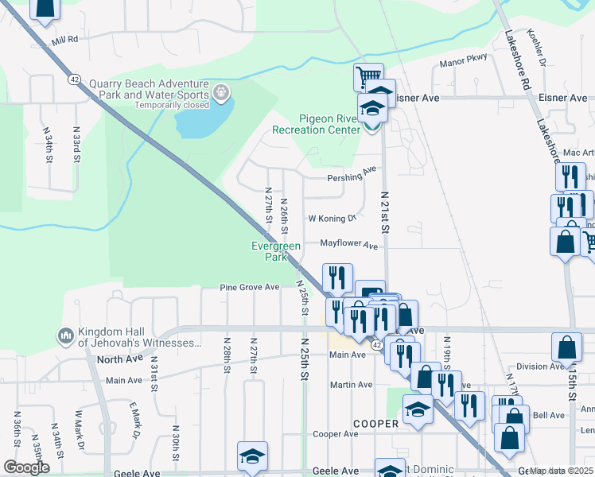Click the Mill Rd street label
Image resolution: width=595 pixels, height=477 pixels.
click(x=65, y=39)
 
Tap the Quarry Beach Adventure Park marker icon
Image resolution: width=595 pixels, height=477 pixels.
click(x=221, y=95)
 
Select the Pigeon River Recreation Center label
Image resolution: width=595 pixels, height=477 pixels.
click(x=316, y=124)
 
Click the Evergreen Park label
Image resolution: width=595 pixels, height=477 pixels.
click(x=275, y=251)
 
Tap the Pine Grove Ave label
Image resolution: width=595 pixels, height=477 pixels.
click(x=250, y=287)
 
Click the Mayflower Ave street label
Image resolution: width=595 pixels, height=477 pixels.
click(x=348, y=246)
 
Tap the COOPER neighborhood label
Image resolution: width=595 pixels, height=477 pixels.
click(x=375, y=424)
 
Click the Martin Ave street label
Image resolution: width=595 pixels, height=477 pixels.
click(x=352, y=385)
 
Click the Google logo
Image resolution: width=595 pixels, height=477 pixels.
click(x=26, y=467)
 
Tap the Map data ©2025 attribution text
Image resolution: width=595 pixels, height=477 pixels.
click(x=562, y=471)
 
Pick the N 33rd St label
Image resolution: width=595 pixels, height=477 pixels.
click(x=76, y=145)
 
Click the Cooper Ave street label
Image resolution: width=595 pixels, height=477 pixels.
click(x=335, y=434)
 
